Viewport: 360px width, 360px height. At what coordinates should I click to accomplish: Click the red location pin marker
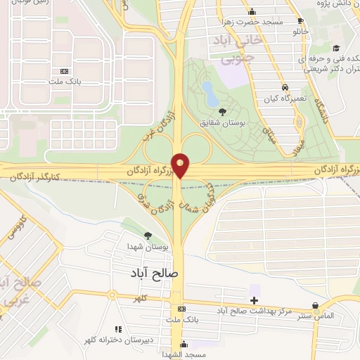(181, 165)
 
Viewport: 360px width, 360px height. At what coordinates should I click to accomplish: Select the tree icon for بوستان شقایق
(223, 112)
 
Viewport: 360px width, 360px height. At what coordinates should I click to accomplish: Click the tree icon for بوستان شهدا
(148, 236)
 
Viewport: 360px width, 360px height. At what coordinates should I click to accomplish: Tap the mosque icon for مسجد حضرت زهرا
(252, 11)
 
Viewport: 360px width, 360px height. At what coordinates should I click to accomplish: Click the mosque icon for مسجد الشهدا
(184, 344)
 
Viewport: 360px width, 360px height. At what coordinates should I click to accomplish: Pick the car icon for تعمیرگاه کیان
(285, 87)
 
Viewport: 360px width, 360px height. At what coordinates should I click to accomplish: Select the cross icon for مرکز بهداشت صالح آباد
(254, 301)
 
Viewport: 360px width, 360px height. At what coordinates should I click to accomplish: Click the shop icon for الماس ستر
(316, 305)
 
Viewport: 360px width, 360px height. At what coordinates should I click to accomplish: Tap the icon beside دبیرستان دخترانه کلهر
(118, 328)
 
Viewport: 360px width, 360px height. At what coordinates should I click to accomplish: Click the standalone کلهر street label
(146, 299)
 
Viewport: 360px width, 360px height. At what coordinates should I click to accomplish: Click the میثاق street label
(268, 129)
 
